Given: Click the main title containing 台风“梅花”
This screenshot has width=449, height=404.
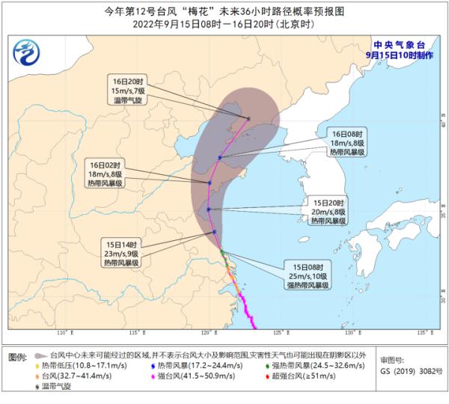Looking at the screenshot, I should (224, 10).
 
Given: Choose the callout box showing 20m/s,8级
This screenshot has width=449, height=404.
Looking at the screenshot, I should (329, 212).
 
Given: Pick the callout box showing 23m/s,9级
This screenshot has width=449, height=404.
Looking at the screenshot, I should (125, 254).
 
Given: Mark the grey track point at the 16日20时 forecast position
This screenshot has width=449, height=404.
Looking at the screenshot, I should (249, 118).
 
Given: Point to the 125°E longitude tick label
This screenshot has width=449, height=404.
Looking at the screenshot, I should (280, 332).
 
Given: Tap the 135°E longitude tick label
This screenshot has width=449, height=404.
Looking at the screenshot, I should (424, 332).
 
